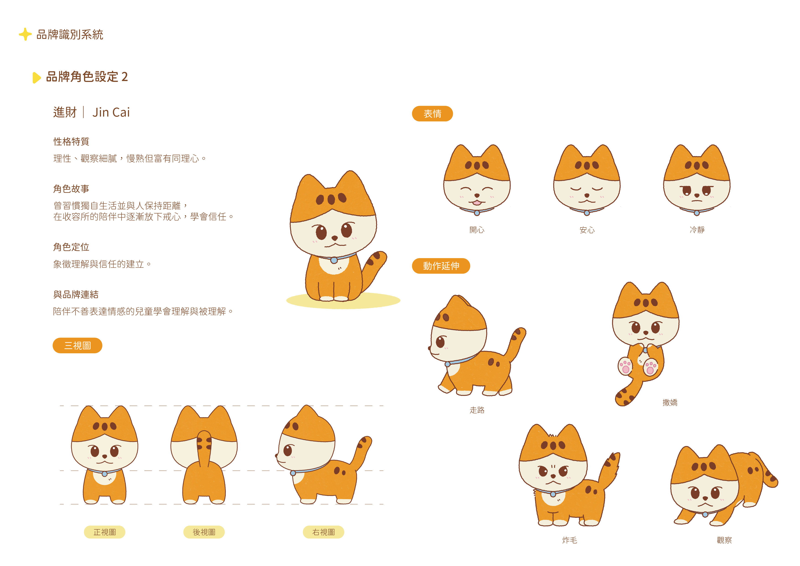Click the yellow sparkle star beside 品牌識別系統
point(25,34)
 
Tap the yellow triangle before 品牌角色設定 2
point(36,77)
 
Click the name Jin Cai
point(111,112)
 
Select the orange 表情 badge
point(432,114)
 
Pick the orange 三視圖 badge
point(77,345)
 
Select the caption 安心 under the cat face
point(587,230)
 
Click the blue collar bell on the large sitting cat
point(334,260)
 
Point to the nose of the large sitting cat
point(335,238)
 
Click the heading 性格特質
point(71,141)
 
